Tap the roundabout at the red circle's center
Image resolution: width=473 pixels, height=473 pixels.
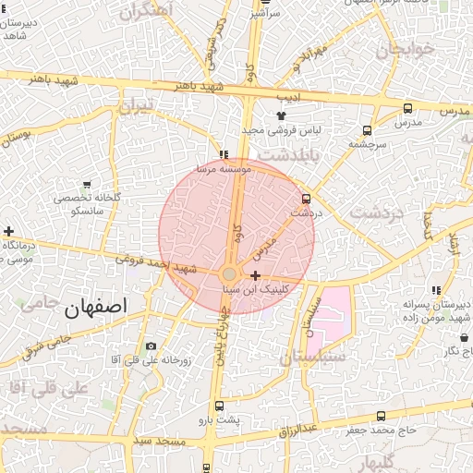click(x=229, y=274)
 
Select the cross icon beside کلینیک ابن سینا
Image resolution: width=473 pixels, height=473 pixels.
click(x=255, y=275)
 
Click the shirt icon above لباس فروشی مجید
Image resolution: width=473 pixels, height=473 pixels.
click(x=281, y=116)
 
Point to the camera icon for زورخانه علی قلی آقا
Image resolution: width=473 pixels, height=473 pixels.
click(x=152, y=346)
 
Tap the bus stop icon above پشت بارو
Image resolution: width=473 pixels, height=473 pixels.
click(x=219, y=406)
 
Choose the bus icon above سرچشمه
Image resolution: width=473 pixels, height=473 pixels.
click(x=368, y=130)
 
